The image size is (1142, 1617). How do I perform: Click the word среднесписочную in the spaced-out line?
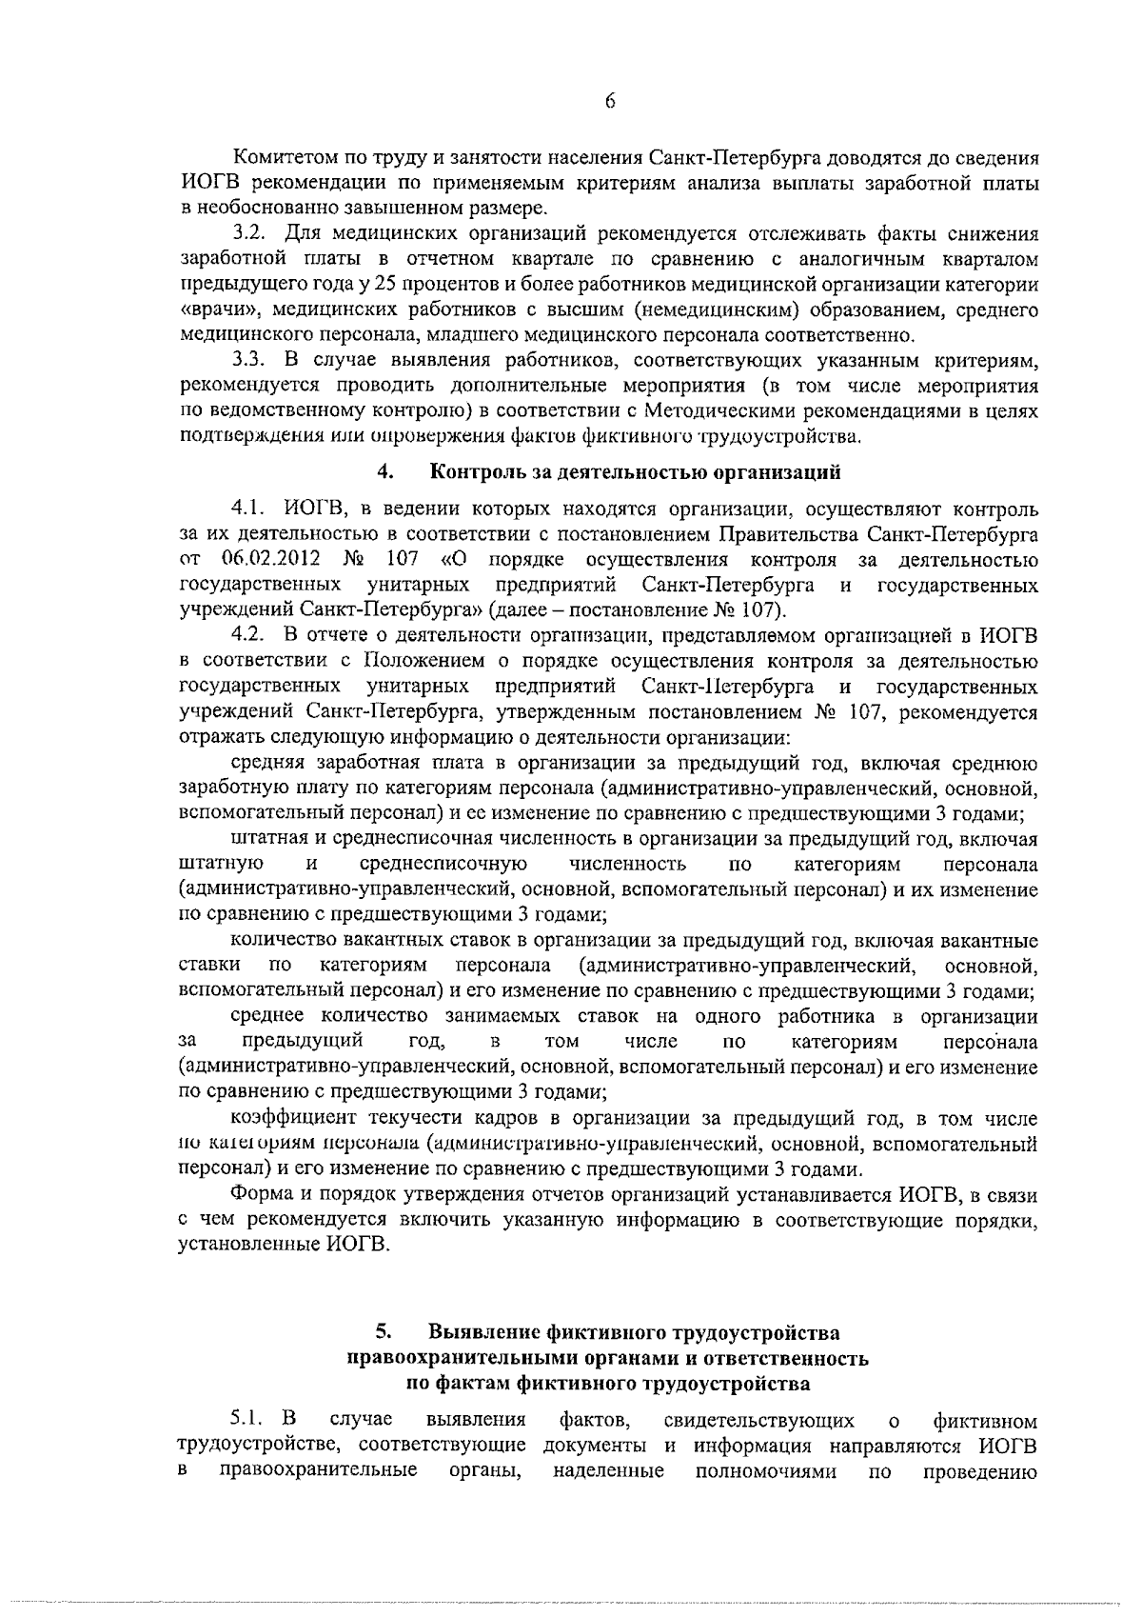coord(444,864)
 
